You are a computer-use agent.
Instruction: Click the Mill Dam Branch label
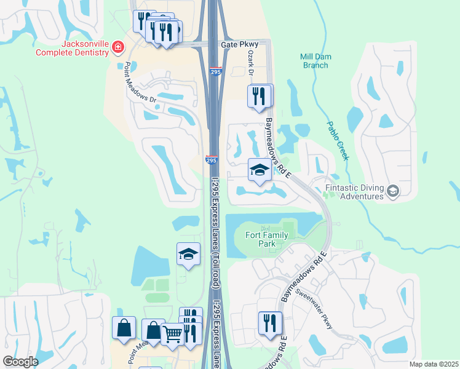coord(315,60)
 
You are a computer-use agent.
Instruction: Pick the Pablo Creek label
coord(337,138)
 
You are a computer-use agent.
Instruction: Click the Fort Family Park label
coord(269,239)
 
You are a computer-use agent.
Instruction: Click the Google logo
coord(20,362)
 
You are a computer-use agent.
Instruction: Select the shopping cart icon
coord(173,334)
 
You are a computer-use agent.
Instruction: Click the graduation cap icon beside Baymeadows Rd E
coord(260,170)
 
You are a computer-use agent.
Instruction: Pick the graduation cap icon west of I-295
coord(189,254)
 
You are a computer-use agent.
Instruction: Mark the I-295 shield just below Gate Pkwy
coord(215,72)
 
